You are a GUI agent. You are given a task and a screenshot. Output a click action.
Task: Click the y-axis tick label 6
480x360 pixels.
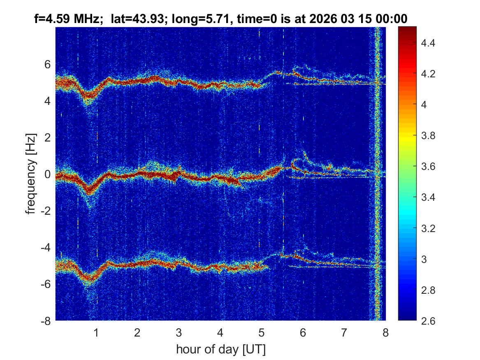47,64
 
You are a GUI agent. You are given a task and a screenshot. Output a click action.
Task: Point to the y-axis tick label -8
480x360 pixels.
46,321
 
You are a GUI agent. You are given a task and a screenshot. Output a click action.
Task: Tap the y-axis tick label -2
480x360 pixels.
46,211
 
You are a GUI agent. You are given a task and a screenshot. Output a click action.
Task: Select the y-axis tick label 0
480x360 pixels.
47,174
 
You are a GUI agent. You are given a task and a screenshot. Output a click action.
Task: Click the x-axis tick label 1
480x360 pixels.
96,332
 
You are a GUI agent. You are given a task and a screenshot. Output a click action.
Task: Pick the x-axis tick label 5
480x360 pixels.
262,332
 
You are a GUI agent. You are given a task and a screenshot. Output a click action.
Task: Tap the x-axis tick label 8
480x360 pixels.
385,332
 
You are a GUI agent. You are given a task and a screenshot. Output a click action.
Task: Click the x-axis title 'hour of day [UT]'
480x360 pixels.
220,350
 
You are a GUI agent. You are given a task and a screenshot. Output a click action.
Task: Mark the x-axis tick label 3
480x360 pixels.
179,332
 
